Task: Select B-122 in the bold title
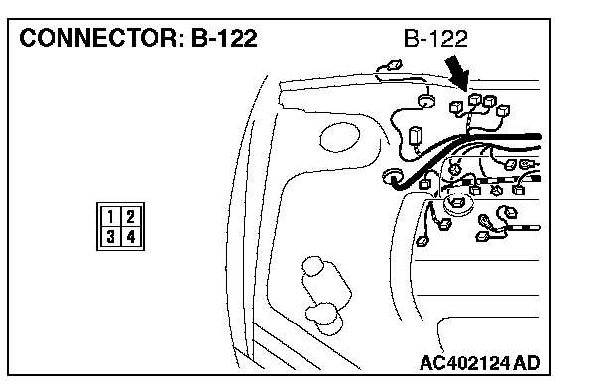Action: point(224,38)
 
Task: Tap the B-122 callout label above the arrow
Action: point(435,39)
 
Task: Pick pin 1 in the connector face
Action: point(110,217)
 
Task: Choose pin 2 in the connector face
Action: point(131,217)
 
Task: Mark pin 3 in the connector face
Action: point(110,236)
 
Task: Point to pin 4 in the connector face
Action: point(131,236)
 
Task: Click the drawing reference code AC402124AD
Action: point(480,363)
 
